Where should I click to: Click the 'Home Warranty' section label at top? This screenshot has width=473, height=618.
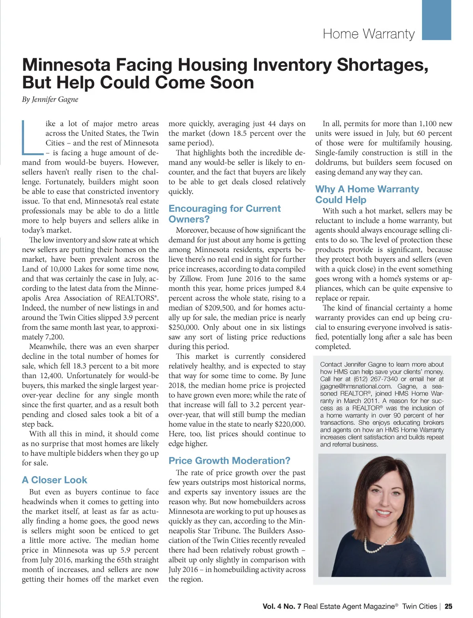pyautogui.click(x=369, y=34)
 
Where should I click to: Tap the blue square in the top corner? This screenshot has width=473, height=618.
pyautogui.click(x=436, y=20)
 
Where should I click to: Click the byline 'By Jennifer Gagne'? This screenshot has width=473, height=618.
pyautogui.click(x=50, y=99)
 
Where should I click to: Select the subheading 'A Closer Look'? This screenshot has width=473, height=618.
pyautogui.click(x=54, y=480)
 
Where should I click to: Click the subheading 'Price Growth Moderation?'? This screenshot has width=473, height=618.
pyautogui.click(x=229, y=460)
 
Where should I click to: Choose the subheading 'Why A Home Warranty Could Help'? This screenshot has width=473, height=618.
pyautogui.click(x=367, y=194)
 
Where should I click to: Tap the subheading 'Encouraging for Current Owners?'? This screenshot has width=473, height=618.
pyautogui.click(x=224, y=213)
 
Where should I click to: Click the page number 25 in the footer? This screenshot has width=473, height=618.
pyautogui.click(x=449, y=607)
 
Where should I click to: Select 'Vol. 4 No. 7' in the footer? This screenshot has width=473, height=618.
pyautogui.click(x=282, y=607)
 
